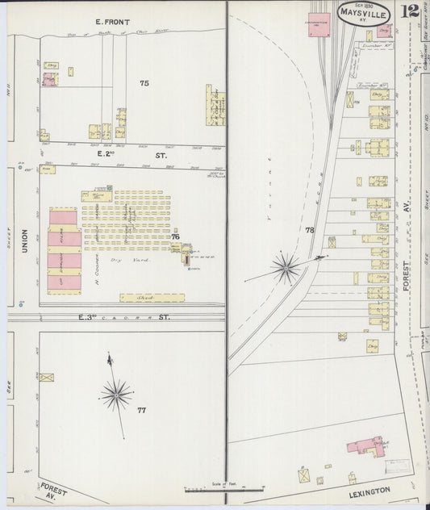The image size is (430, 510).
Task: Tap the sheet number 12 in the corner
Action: (x=411, y=11)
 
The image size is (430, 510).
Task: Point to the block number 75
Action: (x=144, y=83)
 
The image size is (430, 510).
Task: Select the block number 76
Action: (x=174, y=236)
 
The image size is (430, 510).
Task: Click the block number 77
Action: (x=141, y=411)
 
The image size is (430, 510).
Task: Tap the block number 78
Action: (x=309, y=231)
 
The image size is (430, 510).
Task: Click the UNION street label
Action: (x=24, y=240)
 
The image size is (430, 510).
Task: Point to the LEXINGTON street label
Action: (x=369, y=491)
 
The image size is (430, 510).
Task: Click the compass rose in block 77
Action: (x=117, y=395)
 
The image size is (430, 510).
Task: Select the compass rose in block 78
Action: (x=286, y=265)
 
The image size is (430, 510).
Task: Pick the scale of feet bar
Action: (x=223, y=489)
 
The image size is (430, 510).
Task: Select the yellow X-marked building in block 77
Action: (x=46, y=377)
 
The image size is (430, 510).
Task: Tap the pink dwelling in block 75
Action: (x=50, y=79)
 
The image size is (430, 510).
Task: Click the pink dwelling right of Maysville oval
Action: (x=384, y=31)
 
